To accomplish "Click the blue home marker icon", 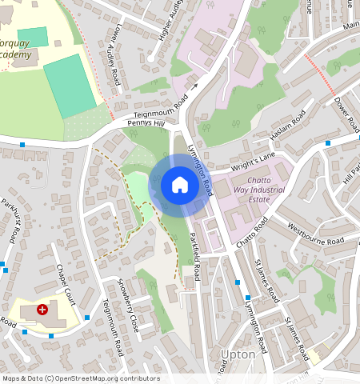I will tap(180, 185).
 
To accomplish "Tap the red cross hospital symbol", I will tap(42, 309).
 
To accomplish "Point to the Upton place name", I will tap(238, 354).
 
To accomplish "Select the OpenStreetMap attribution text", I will tap(82, 378).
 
